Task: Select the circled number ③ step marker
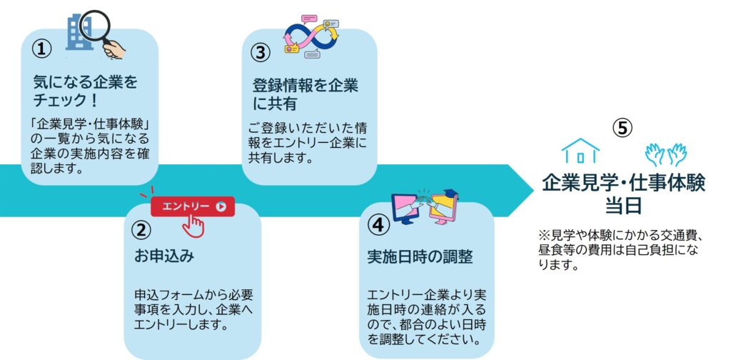tap(261, 52)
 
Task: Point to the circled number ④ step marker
tap(378, 224)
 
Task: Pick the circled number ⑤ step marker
tap(622, 127)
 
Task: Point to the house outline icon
tap(580, 151)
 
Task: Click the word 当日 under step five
tap(623, 206)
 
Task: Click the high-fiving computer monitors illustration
tap(425, 207)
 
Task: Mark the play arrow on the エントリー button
tap(221, 206)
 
